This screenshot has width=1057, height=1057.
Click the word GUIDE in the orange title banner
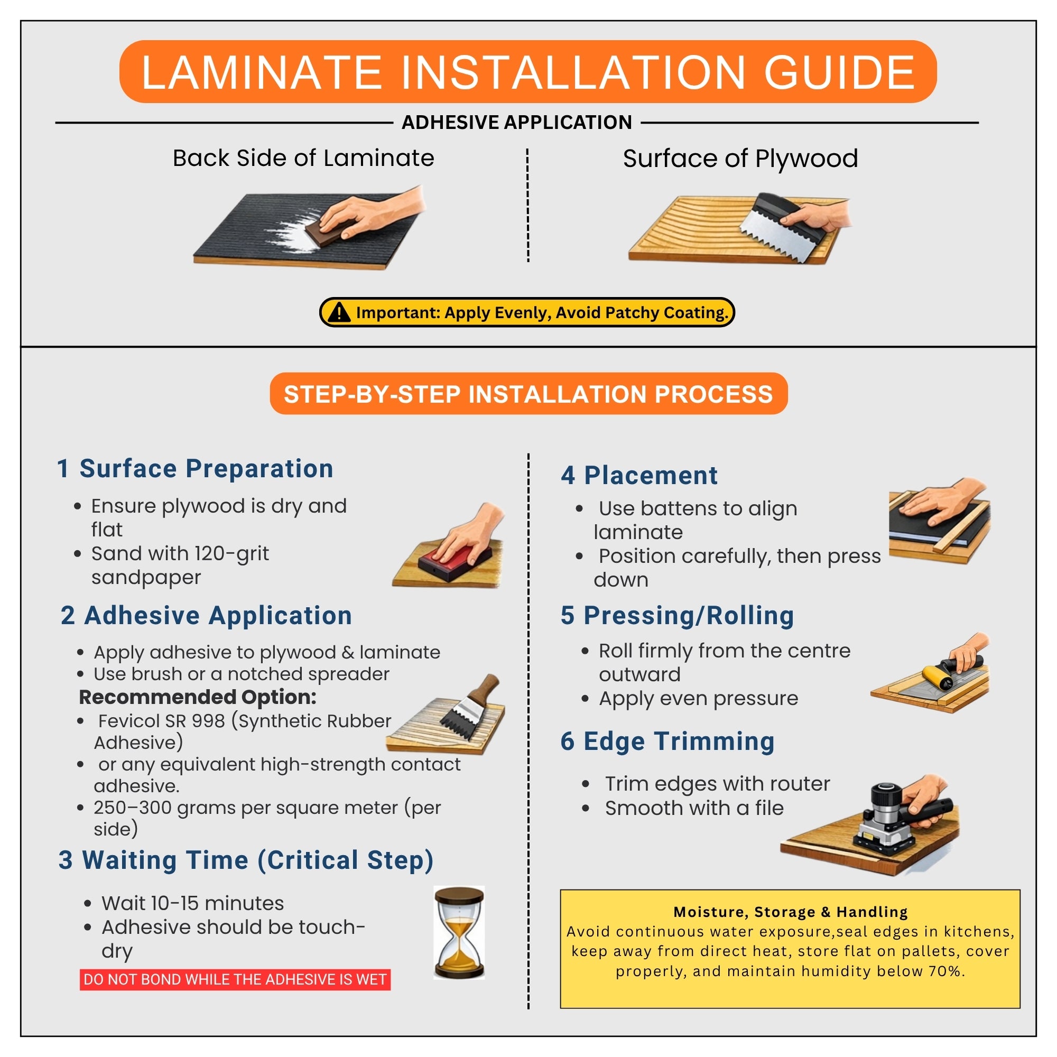[x=839, y=72]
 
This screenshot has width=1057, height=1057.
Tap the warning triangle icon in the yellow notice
[x=339, y=312]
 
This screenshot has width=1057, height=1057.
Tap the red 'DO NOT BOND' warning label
[x=235, y=979]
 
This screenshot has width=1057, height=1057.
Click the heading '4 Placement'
[x=639, y=475]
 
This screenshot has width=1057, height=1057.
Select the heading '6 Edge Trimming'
[x=667, y=741]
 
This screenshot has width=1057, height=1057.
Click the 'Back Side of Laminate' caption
[x=304, y=158]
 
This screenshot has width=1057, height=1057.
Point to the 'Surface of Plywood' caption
[x=740, y=159]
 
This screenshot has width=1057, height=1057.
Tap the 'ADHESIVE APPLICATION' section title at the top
[x=517, y=122]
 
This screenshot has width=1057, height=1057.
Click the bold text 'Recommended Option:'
[x=198, y=697]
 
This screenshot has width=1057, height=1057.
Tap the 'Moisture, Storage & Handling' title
[x=791, y=912]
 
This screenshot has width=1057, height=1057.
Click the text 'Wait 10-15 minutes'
[x=192, y=903]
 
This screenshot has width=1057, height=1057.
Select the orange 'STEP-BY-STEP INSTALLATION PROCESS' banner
[x=528, y=394]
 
